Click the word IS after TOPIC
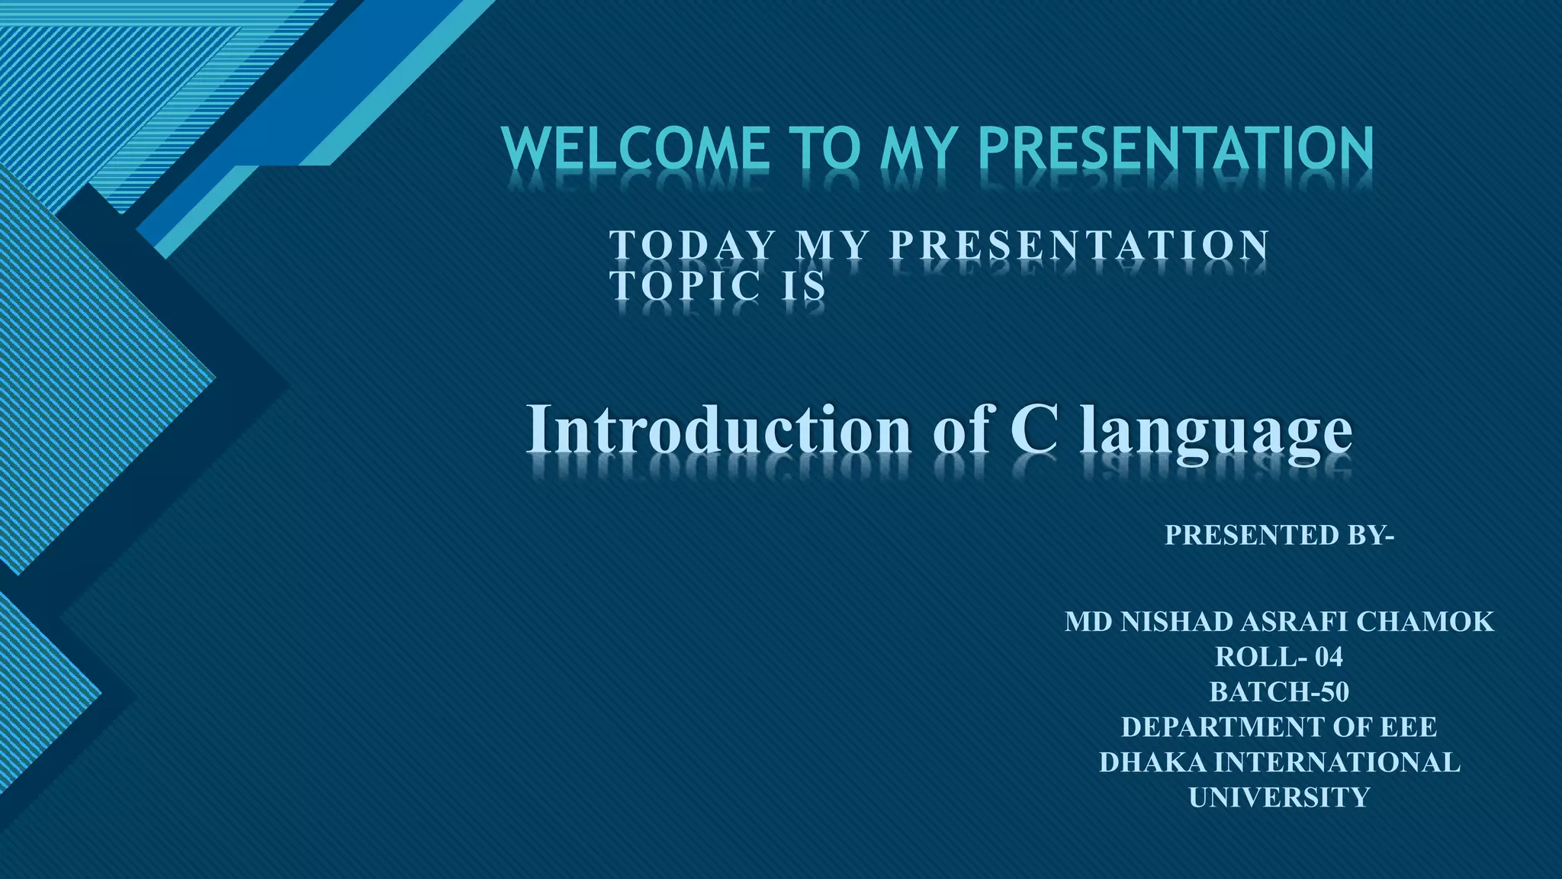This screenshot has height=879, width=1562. pos(805,286)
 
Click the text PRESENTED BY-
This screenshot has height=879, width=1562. pos(1279,535)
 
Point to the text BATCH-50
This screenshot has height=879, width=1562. pos(1279,692)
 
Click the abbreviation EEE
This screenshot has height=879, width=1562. pos(1408,727)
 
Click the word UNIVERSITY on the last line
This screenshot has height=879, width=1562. pos(1279,797)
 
